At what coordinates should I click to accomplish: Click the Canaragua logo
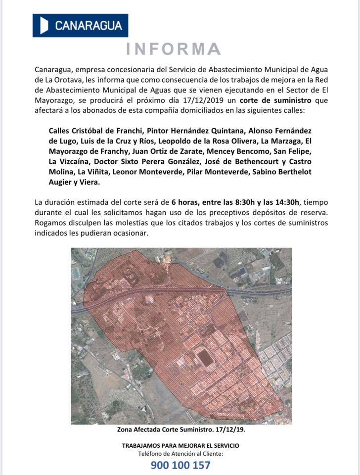point(80,25)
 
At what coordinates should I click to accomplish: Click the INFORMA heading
point(173,49)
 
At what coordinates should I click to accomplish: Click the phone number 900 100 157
point(180,465)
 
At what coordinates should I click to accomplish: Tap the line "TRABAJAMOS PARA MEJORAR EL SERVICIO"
point(180,445)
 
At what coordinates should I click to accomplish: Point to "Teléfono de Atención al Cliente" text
point(180,454)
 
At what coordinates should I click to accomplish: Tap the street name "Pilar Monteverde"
point(217,173)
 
